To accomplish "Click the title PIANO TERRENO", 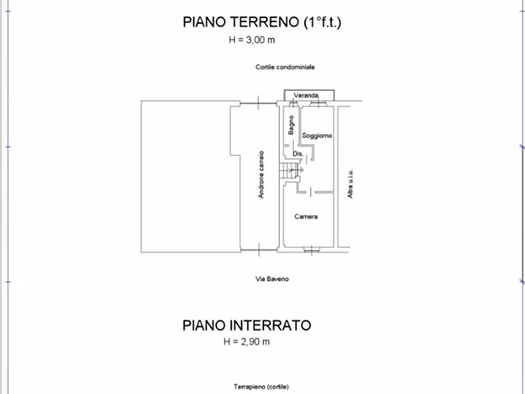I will [x=242, y=23].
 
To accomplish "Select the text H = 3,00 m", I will [x=252, y=41].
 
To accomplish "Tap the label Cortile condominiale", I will [x=285, y=67].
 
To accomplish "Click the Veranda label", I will [x=306, y=95].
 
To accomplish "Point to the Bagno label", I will [x=291, y=125].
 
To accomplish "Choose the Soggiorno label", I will [x=317, y=136].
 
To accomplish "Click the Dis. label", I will [x=297, y=154].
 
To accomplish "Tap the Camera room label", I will [x=306, y=217].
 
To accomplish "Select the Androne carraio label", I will [x=261, y=175].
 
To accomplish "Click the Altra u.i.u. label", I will [x=350, y=183].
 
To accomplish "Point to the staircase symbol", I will [x=287, y=171].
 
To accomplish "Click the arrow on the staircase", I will [x=298, y=171].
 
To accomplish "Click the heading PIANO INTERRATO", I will [x=246, y=325].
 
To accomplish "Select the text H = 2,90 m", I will [x=246, y=342].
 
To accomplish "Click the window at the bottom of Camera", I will [x=310, y=250].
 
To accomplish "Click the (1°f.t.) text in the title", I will [x=323, y=23].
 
